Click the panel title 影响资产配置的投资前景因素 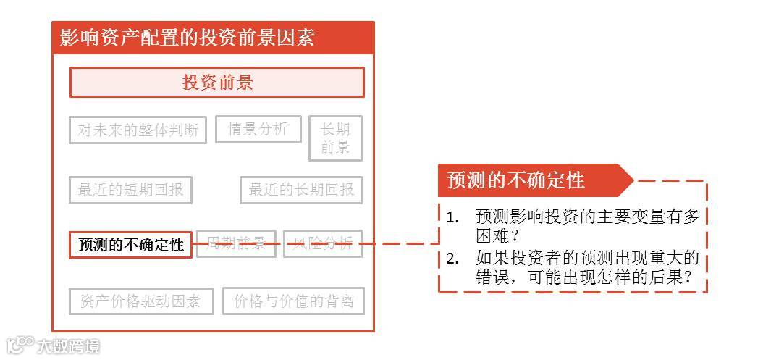pyautogui.click(x=187, y=38)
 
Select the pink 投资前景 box pyautogui.click(x=216, y=83)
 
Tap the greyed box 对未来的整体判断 pyautogui.click(x=138, y=130)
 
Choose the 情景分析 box pyautogui.click(x=258, y=129)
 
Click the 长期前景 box pyautogui.click(x=334, y=138)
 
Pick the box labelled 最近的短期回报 pyautogui.click(x=130, y=191)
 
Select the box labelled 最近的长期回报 pyautogui.click(x=301, y=191)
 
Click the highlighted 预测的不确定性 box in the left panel pyautogui.click(x=131, y=245)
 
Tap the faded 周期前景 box pyautogui.click(x=237, y=243)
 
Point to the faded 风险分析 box pyautogui.click(x=322, y=243)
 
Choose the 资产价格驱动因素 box pyautogui.click(x=140, y=301)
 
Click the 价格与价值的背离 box pyautogui.click(x=293, y=301)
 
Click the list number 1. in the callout pyautogui.click(x=452, y=217)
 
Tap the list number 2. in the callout pyautogui.click(x=452, y=259)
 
